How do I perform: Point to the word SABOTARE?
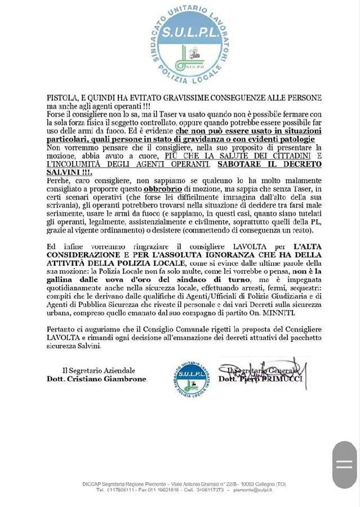[235, 164]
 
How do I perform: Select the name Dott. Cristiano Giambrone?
[96, 379]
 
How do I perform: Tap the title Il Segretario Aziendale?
[99, 370]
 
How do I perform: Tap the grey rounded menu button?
[344, 465]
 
